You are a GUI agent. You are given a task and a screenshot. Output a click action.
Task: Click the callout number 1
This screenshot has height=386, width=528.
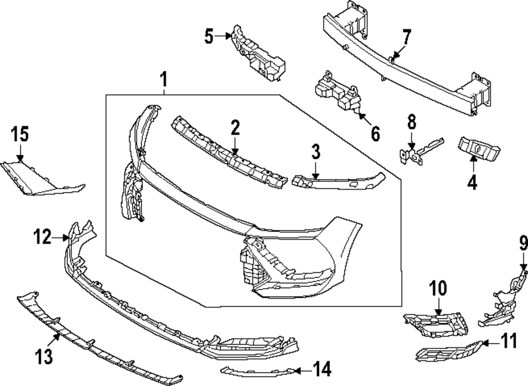point(164,81)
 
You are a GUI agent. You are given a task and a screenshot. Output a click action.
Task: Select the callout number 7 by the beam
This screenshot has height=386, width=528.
point(406,38)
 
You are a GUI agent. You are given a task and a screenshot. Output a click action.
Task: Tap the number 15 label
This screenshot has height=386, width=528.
point(20,135)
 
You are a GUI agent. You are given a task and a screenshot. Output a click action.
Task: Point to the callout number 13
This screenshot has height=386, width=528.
point(44,357)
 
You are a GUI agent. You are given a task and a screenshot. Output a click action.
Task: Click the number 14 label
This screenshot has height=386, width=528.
point(322,370)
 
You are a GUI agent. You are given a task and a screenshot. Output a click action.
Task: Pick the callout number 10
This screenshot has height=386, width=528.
point(438,289)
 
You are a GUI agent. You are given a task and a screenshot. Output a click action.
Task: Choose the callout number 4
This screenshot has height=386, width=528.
point(472,182)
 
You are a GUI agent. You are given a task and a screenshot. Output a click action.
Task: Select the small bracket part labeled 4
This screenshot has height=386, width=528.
point(478,149)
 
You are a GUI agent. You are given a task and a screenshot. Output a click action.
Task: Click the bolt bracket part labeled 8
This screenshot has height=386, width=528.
point(417,154)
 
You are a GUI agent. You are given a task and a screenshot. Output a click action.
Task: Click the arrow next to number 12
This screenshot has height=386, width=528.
point(61,238)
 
